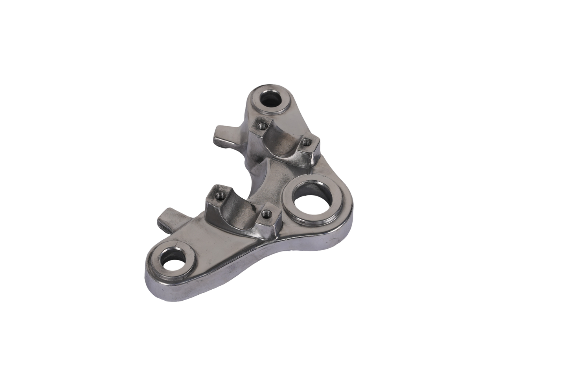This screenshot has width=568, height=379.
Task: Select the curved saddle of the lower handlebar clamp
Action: point(241,213)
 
